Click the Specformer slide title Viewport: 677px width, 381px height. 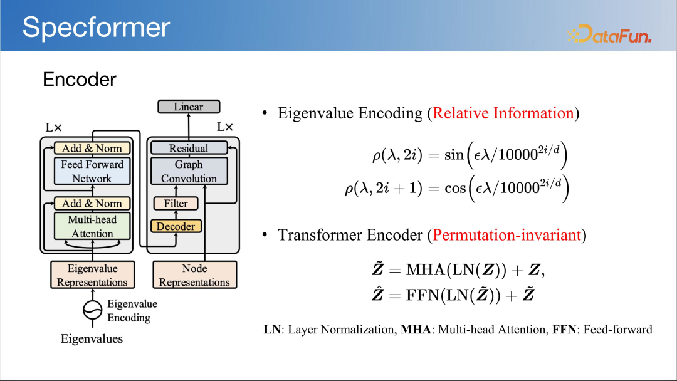(96, 28)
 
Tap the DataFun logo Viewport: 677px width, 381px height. (609, 34)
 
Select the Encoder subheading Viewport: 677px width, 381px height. (80, 80)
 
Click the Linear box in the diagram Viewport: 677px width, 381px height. (189, 107)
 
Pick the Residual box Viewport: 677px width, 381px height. (189, 149)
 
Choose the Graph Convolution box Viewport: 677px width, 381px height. (189, 171)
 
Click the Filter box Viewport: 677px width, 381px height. (176, 204)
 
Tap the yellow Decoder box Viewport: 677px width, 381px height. (176, 226)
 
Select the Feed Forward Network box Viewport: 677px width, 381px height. (92, 171)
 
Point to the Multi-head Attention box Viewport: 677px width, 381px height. (92, 226)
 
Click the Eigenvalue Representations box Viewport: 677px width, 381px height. (92, 275)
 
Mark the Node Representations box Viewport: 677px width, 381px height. (194, 275)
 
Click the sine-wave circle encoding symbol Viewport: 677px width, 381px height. (93, 310)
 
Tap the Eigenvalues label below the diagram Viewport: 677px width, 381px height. (92, 339)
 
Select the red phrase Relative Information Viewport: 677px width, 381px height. (503, 113)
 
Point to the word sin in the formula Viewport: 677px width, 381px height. (454, 155)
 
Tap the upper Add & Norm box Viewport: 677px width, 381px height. (92, 149)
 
